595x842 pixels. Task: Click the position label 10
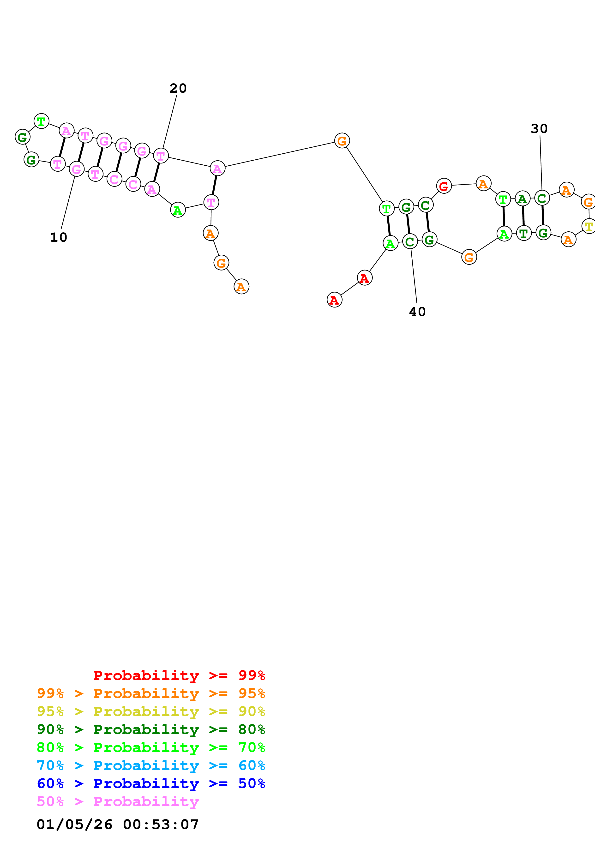59,237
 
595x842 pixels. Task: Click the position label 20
178,88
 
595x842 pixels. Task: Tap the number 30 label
539,129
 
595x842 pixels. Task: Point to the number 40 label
417,312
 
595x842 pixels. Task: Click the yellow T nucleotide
589,226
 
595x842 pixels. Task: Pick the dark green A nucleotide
523,199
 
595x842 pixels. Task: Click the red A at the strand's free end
334,300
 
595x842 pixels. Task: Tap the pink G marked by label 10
77,169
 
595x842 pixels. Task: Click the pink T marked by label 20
161,156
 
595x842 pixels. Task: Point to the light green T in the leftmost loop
42,121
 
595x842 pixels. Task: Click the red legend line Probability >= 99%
179,675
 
